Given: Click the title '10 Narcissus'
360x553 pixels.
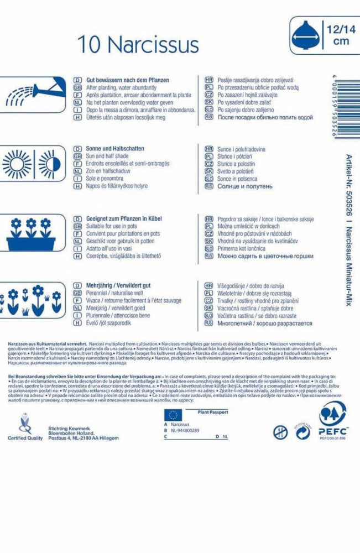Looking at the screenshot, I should coord(138,44).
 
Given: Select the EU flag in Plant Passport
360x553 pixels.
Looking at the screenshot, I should coord(173,415).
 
